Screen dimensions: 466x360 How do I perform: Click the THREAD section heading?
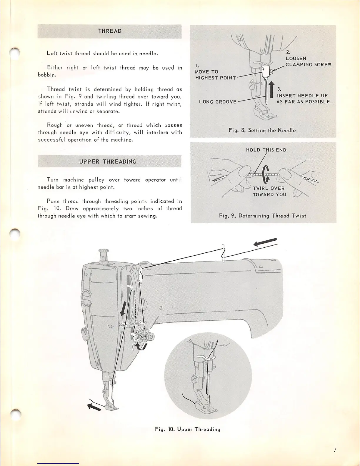[109, 31]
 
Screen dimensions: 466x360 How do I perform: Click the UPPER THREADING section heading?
[108, 162]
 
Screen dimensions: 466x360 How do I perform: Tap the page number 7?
[335, 450]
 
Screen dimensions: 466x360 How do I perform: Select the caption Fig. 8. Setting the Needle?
[262, 130]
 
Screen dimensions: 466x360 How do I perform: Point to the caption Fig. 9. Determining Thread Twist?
[262, 216]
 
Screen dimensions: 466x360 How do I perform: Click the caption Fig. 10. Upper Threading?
[188, 429]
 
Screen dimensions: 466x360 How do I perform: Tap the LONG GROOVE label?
[218, 102]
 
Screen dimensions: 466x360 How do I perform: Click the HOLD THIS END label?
[266, 150]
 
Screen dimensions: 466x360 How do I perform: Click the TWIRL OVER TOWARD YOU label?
[269, 192]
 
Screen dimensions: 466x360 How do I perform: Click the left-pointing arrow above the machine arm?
[265, 242]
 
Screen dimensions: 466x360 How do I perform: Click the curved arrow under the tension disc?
[142, 347]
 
